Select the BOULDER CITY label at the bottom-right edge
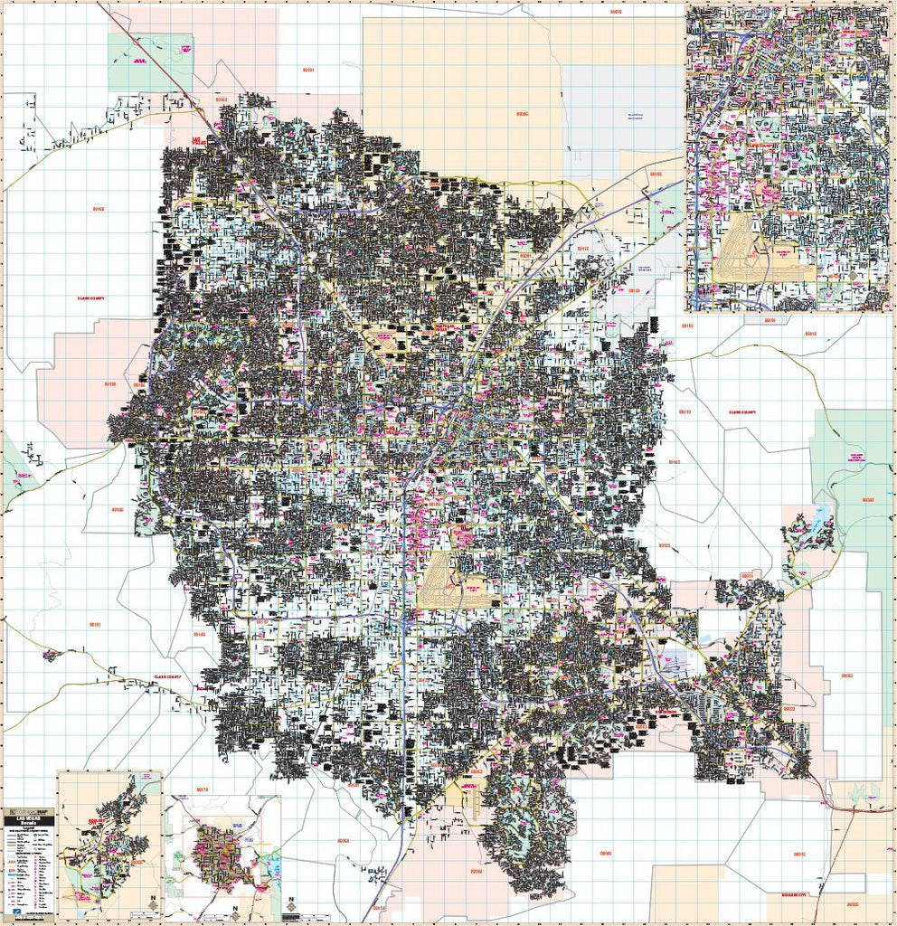783,895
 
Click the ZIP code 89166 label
98,209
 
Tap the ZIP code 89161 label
95,625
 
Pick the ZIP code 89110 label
685,412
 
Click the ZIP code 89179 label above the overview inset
201,789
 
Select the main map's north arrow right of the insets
291,905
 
